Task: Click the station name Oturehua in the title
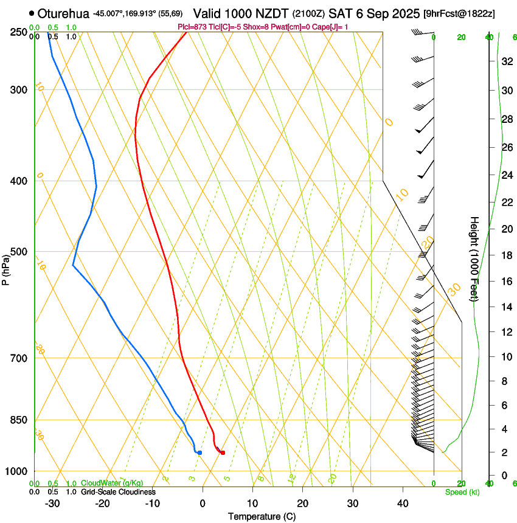[x=63, y=13]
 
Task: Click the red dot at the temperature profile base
[x=223, y=452]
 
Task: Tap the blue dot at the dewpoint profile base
[x=200, y=452]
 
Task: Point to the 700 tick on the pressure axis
[x=19, y=358]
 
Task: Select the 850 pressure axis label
[x=19, y=420]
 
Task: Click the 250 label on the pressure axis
[x=19, y=32]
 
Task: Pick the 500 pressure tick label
[x=19, y=252]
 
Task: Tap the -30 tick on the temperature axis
[x=52, y=504]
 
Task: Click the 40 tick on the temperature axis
[x=402, y=504]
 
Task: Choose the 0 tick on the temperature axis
[x=203, y=504]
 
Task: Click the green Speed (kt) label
[x=462, y=492]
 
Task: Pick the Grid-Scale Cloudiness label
[x=118, y=492]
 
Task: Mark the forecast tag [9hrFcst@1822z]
[x=467, y=13]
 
